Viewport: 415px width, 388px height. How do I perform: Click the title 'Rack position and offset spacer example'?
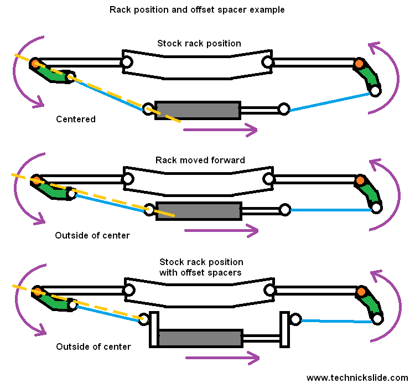click(197, 10)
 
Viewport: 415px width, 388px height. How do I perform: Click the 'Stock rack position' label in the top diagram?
click(199, 43)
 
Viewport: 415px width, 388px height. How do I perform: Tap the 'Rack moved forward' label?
click(200, 160)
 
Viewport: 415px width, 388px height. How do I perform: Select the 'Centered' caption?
click(76, 119)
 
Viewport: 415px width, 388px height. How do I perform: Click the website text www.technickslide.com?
click(357, 378)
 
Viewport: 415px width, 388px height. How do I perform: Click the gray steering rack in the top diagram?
click(198, 110)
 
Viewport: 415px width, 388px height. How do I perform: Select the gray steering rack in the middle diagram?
click(199, 211)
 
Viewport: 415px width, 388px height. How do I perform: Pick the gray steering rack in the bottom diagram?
click(200, 338)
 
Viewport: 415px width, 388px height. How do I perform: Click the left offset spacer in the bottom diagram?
click(154, 329)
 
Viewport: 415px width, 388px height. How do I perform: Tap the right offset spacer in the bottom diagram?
click(285, 329)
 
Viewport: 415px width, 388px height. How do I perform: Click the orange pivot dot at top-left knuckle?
click(35, 64)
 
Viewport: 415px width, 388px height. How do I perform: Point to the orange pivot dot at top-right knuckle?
click(359, 64)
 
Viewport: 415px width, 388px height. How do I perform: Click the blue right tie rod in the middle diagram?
click(330, 210)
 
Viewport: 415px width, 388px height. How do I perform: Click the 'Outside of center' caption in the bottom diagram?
click(94, 346)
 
